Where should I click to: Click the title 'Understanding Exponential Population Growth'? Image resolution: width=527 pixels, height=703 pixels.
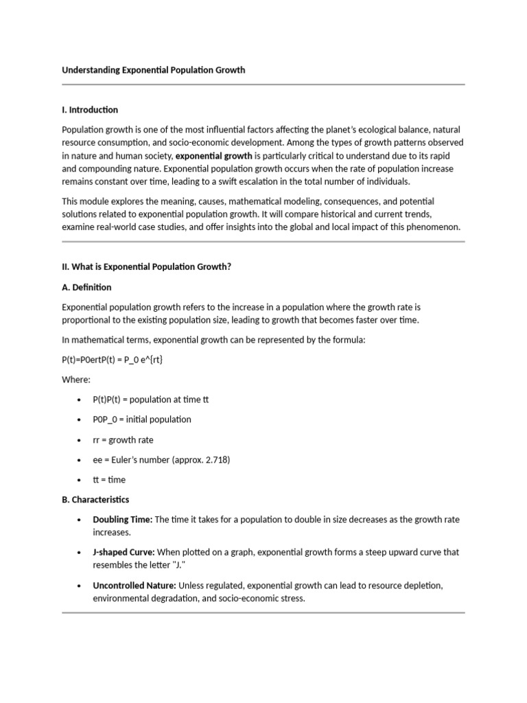coord(153,70)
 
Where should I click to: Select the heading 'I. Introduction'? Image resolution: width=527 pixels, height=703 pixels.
coord(90,110)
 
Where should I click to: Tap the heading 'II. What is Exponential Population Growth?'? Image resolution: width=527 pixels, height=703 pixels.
coord(147,267)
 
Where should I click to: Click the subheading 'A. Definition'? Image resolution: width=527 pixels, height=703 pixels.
coord(86,287)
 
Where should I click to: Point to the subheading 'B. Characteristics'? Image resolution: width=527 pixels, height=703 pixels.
coord(95,499)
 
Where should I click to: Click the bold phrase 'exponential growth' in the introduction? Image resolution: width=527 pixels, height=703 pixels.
coord(209,155)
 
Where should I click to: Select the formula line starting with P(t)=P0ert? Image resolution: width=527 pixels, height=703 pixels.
coord(113,360)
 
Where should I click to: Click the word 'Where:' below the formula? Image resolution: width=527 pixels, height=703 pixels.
coord(76,380)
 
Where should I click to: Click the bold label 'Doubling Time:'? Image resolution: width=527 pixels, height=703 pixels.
coord(123,520)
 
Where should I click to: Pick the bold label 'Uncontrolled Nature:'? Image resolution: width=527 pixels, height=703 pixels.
coord(134,585)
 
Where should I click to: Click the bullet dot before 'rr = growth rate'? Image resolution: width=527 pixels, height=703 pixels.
coord(80,440)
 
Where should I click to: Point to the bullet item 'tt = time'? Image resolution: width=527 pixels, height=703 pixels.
coord(109,480)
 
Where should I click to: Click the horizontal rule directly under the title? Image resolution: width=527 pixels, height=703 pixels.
coord(263,84)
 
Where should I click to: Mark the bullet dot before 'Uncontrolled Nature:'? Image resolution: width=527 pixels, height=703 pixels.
coord(80,586)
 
